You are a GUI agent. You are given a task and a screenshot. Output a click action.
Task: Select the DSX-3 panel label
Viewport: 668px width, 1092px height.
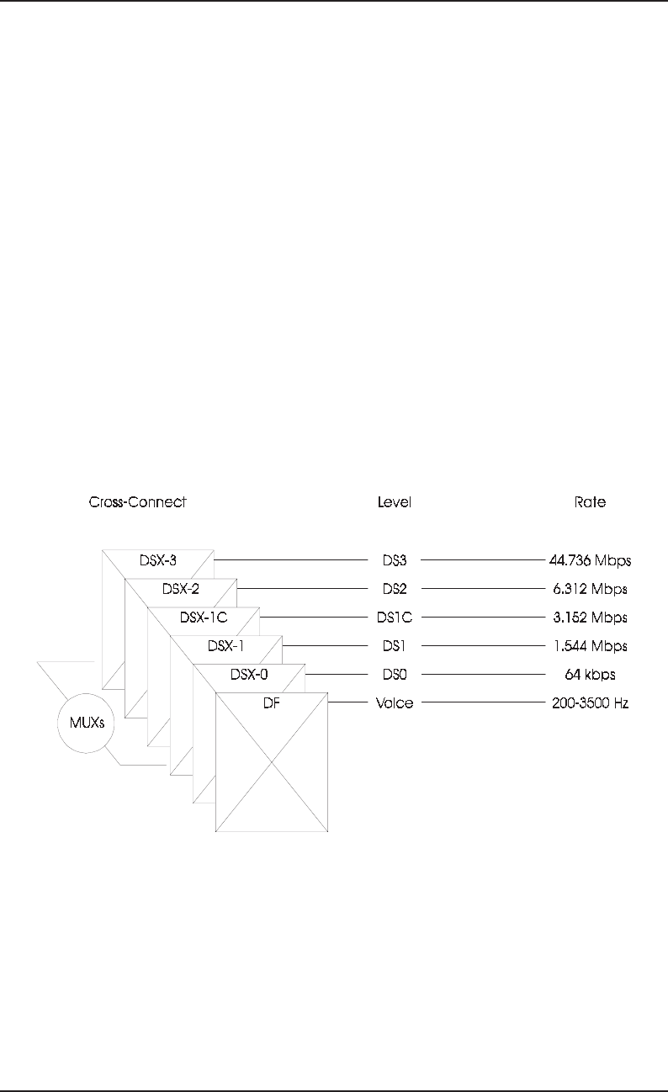coord(157,559)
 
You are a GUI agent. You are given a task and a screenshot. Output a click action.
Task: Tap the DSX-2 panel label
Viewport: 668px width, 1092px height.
coord(180,588)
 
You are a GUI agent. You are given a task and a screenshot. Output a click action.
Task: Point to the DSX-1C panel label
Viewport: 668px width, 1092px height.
coord(204,618)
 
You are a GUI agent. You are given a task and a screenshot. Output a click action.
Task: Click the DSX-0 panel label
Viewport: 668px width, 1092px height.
coord(248,674)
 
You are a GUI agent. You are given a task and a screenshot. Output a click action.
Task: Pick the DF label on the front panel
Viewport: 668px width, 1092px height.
coord(271,702)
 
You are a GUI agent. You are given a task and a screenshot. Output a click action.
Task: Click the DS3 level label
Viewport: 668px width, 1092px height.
coord(394,559)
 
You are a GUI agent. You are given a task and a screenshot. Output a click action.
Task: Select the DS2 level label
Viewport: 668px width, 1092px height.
coord(394,588)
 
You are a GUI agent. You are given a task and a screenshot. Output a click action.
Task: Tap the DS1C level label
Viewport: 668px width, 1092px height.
coord(394,618)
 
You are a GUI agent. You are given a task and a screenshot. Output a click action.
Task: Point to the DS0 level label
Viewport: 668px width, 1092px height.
coord(394,674)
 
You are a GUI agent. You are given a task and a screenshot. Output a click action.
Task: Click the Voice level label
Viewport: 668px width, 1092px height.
coord(394,702)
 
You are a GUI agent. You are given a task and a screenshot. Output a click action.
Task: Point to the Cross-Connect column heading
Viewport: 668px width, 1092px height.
coord(137,502)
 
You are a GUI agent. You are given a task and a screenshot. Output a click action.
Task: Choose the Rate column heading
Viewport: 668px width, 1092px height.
coord(589,502)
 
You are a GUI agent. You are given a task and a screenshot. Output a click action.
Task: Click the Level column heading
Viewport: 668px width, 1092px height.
coord(394,502)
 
